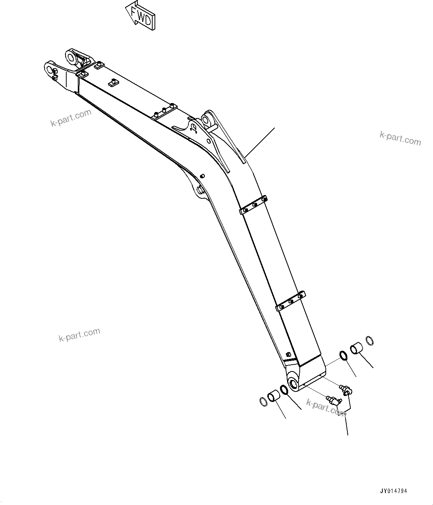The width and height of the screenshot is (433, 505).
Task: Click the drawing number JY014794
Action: coord(393,491)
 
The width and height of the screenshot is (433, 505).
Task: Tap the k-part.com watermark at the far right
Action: coord(400,139)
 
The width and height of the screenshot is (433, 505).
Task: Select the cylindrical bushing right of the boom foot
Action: coord(356,349)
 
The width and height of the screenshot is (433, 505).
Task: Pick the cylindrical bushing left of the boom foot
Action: coord(274,396)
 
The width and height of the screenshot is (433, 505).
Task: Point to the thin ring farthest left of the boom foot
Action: coord(263,402)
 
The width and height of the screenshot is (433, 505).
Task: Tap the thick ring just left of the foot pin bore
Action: coord(284,389)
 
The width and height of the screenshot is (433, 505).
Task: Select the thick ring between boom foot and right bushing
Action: coord(344,355)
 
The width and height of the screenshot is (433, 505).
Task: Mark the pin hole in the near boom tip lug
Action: coord(50,68)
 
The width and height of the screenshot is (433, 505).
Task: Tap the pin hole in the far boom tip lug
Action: coord(70,57)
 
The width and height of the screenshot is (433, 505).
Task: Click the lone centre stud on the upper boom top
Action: coord(112,82)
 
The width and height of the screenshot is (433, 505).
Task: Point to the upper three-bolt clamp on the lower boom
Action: coord(253,205)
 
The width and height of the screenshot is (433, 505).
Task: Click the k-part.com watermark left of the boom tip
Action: coord(71,118)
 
